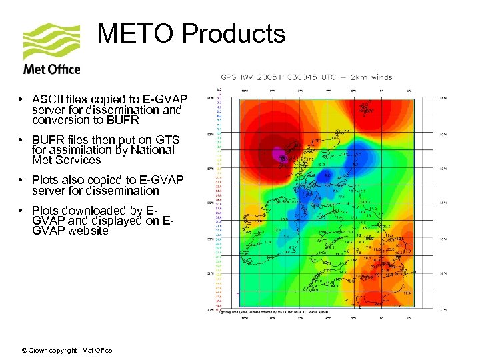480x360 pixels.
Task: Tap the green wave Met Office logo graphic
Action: coord(51,41)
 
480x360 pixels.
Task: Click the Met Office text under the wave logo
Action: coord(52,69)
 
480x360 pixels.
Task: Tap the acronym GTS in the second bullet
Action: coord(167,139)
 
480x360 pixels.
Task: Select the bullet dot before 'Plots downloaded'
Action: coord(22,211)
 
